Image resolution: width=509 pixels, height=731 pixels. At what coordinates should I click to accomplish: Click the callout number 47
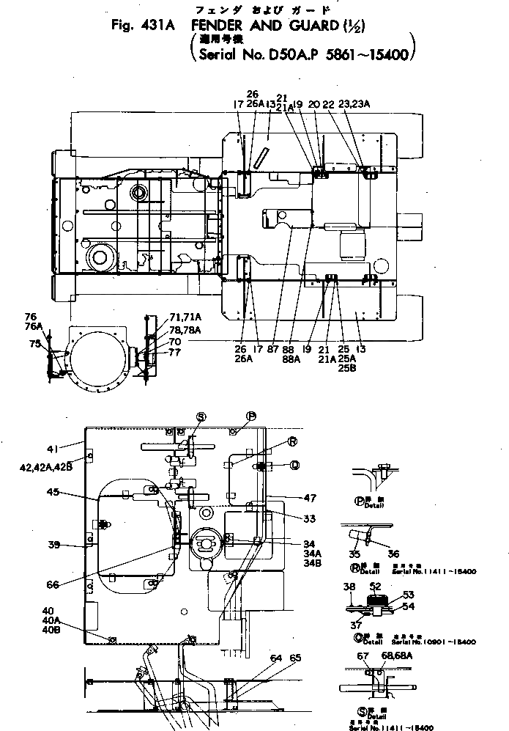pos(310,497)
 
